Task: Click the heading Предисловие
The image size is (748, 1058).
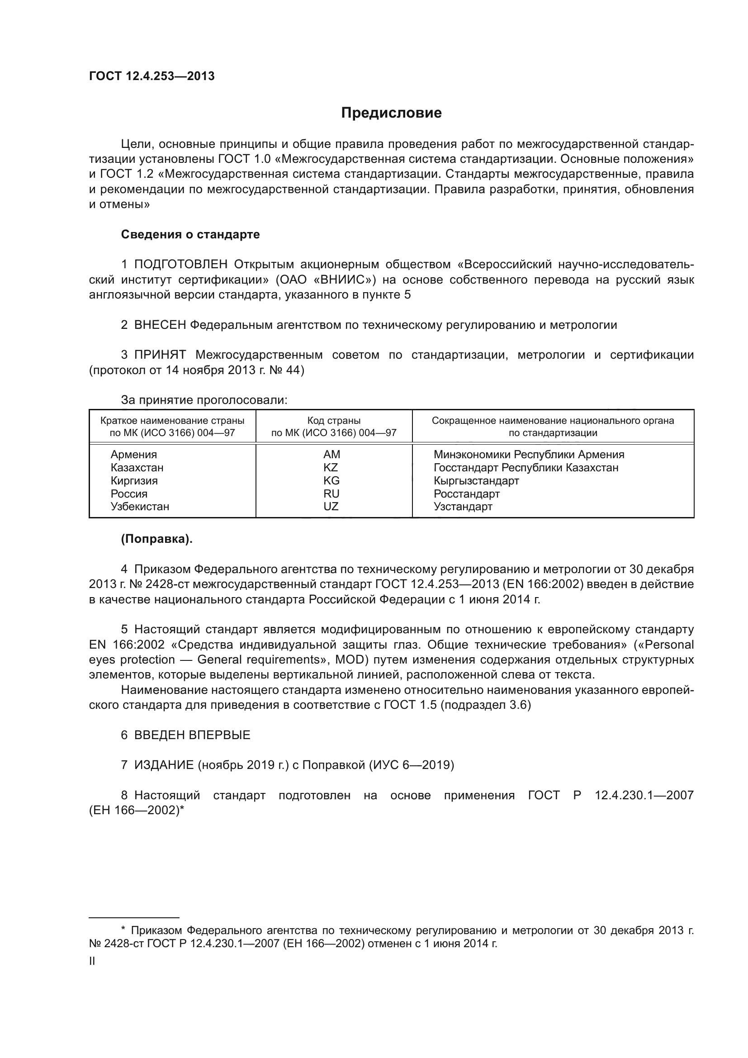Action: pos(391,113)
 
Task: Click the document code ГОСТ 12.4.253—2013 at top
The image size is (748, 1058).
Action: pos(151,76)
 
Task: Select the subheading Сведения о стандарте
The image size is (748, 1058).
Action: pos(190,235)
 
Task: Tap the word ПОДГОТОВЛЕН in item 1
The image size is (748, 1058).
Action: pos(180,265)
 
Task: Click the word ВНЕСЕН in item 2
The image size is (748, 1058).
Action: pos(160,325)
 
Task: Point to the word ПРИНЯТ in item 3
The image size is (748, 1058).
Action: pos(160,355)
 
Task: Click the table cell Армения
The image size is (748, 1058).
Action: pos(133,455)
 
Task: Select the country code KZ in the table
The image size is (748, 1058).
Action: pos(331,468)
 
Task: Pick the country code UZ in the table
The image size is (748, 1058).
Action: pos(331,507)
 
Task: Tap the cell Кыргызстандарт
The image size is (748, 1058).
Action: pos(476,481)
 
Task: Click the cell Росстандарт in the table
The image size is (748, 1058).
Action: pos(467,493)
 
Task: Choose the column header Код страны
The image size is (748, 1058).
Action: pos(334,421)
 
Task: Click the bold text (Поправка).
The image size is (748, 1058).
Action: pos(156,539)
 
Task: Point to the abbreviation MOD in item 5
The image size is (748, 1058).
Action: pos(350,660)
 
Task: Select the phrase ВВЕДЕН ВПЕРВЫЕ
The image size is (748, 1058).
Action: pos(192,735)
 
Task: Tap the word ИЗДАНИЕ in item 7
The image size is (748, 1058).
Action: pos(164,765)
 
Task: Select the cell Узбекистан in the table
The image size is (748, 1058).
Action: pos(140,507)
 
